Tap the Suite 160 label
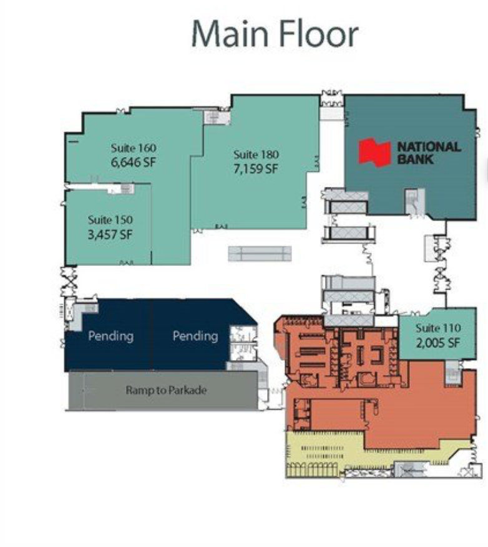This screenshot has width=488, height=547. tap(134, 148)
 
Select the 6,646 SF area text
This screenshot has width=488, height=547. tap(134, 162)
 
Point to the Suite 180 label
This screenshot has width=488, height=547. tap(256, 155)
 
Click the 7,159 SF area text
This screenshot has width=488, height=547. tap(256, 169)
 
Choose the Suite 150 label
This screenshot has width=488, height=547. tap(110, 220)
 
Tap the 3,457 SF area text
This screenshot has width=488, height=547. tap(110, 234)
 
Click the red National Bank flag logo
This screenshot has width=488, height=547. tap(374, 152)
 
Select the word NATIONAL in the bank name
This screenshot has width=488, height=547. tap(429, 146)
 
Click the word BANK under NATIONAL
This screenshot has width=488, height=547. tap(416, 159)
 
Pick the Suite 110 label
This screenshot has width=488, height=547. tap(438, 328)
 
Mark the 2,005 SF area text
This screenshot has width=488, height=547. tap(438, 343)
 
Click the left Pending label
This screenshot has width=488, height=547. tap(110, 336)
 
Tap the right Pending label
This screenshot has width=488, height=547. tap(195, 336)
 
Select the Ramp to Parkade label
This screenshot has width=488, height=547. tap(166, 390)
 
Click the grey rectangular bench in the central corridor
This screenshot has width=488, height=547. tap(260, 254)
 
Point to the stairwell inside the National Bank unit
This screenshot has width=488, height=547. tap(415, 202)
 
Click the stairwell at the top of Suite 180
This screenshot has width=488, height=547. tap(217, 117)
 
